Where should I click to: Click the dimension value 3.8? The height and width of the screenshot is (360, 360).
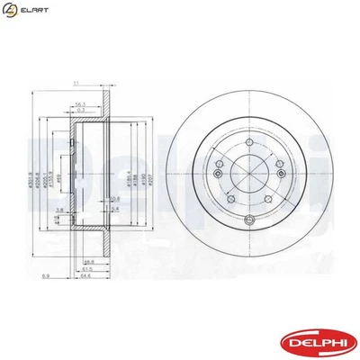[x=59, y=208]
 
